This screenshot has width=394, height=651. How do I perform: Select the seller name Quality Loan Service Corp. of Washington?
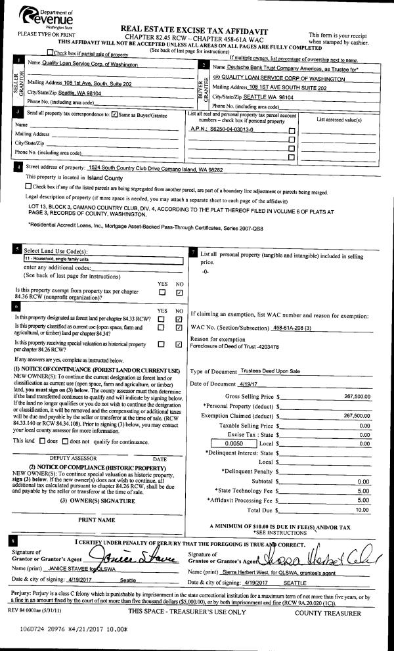point(83,64)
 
